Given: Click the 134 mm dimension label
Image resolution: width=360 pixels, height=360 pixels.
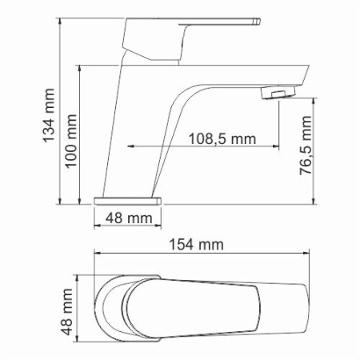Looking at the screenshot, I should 50,111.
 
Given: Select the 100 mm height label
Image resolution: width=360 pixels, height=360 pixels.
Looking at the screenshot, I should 70,149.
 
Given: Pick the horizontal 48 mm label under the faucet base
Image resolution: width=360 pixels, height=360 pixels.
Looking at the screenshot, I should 128,218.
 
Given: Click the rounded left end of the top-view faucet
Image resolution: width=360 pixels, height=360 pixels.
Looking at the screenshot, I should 97,308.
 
